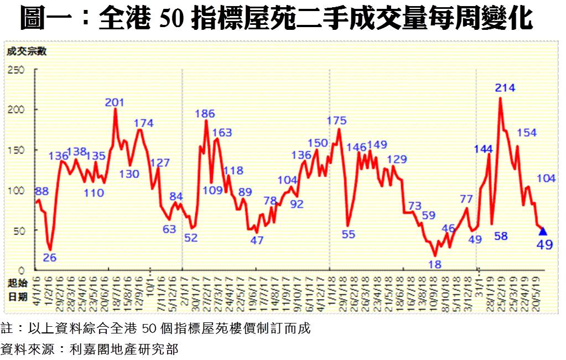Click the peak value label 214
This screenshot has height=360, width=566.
[505, 87]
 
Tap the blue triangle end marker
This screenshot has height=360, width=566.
[543, 231]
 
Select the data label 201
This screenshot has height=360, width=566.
[115, 102]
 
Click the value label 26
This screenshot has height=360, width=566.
[50, 257]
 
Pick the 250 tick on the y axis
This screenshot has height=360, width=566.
[16, 70]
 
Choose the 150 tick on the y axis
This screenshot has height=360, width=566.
[16, 150]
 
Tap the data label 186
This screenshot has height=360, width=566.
[205, 114]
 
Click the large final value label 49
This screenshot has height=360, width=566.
[544, 244]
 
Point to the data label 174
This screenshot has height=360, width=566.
[143, 123]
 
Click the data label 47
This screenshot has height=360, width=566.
[257, 241]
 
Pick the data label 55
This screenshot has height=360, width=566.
[348, 233]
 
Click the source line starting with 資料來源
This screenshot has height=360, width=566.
[89, 349]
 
